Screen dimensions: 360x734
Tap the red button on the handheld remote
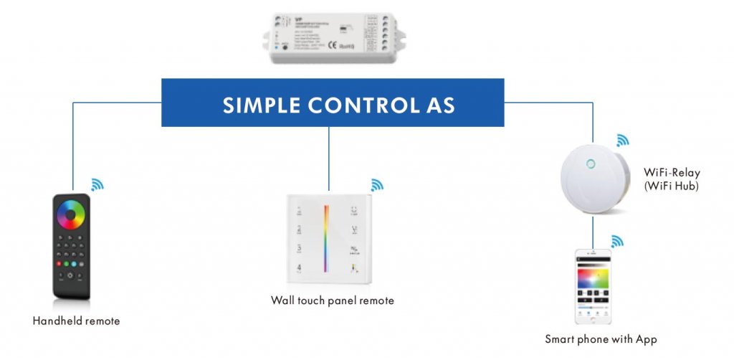coord(62,263)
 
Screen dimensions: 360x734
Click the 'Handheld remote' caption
coord(76,321)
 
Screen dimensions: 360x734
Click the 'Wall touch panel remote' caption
coord(333,300)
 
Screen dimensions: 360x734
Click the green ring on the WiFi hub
coord(591,164)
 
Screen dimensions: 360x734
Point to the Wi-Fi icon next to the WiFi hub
coord(621,140)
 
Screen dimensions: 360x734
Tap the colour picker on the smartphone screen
coord(592,276)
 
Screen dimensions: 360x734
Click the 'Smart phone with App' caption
coord(601,339)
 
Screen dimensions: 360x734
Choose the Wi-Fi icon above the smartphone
coord(616,240)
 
